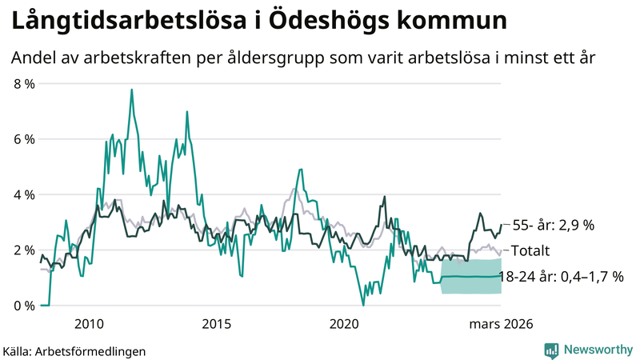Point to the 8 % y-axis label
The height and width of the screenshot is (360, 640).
[x=24, y=84]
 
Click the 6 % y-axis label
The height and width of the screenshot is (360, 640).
[x=24, y=139]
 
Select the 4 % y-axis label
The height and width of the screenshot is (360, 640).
[x=24, y=194]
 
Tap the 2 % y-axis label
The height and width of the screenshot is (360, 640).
[x=24, y=250]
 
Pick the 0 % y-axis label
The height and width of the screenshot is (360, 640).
[x=24, y=305]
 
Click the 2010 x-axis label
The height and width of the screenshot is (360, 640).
[x=89, y=323]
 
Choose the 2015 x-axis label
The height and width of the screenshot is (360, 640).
[x=217, y=323]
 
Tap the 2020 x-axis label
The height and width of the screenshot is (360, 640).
[x=345, y=323]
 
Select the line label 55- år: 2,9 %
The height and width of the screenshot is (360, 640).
[x=553, y=226]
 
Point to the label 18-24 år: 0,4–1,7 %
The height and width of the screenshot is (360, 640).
[x=560, y=277]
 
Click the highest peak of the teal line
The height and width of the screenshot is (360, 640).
[x=131, y=90]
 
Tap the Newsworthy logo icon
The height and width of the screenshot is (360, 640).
[x=551, y=350]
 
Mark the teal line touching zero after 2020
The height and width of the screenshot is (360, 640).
[x=363, y=304]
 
